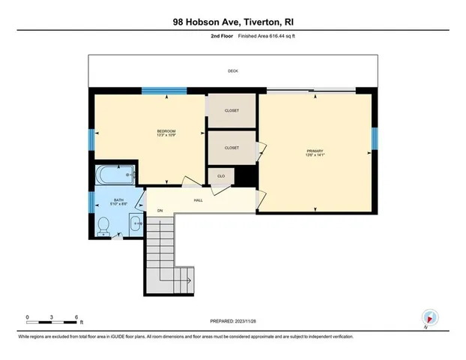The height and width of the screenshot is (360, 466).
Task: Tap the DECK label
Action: tap(232, 71)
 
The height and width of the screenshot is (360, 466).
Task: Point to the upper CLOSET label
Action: tap(232, 110)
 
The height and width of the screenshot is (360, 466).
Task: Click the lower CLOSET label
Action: tap(232, 148)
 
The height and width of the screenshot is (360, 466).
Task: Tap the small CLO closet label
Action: tap(221, 176)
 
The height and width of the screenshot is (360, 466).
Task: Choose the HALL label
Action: tap(199, 200)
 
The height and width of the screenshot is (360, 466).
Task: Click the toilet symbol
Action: tap(106, 225)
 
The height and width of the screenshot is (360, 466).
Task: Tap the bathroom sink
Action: tap(136, 223)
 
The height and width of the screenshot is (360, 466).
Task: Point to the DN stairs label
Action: tap(160, 211)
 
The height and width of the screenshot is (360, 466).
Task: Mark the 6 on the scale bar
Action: tap(76, 317)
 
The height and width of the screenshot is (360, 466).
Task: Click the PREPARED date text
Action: tap(232, 320)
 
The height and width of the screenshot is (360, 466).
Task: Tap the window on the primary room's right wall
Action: tap(375, 138)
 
